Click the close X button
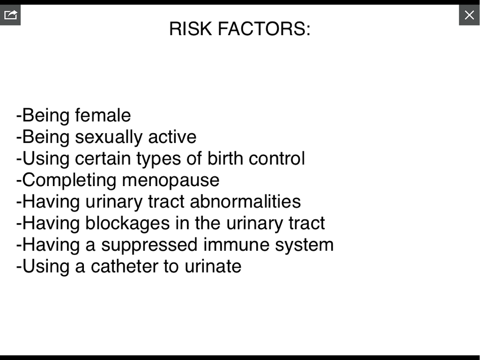click(x=469, y=15)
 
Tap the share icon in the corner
click(x=10, y=15)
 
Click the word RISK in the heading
click(x=191, y=28)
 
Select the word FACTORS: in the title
click(x=264, y=28)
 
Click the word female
click(x=103, y=115)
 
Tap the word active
click(x=172, y=137)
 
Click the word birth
click(x=225, y=158)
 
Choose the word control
click(x=277, y=158)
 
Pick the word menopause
click(x=171, y=181)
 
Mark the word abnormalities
click(x=245, y=202)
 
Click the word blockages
click(x=128, y=223)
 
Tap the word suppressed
click(x=149, y=245)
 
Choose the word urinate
click(x=213, y=266)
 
